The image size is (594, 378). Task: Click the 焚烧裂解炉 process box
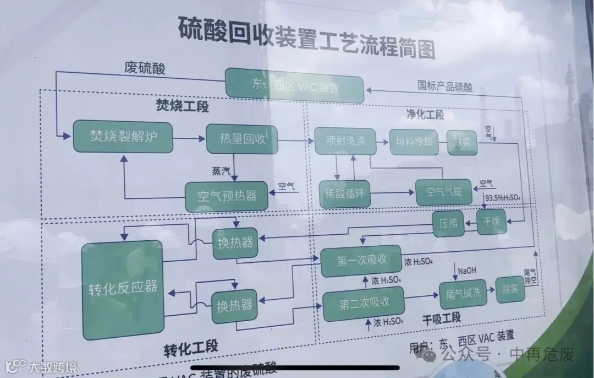coord(123,137)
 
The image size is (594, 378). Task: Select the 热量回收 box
coord(242,139)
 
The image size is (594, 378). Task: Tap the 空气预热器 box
coord(227,196)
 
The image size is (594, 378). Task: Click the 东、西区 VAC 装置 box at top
coord(295,86)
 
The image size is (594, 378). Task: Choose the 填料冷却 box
coord(414,142)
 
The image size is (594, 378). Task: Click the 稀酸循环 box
coord(345,193)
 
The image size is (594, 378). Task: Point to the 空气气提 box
coord(443,192)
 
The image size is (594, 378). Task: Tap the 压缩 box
coord(448,224)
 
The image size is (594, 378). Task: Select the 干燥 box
coord(491,222)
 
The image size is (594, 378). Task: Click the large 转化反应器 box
coord(123,289)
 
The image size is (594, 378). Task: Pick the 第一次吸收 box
coord(361,261)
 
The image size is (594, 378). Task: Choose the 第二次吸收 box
coord(364,303)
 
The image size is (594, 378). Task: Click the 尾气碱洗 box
coord(463,292)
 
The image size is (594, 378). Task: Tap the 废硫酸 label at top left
coord(144,69)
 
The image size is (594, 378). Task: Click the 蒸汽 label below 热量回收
coord(222,171)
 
